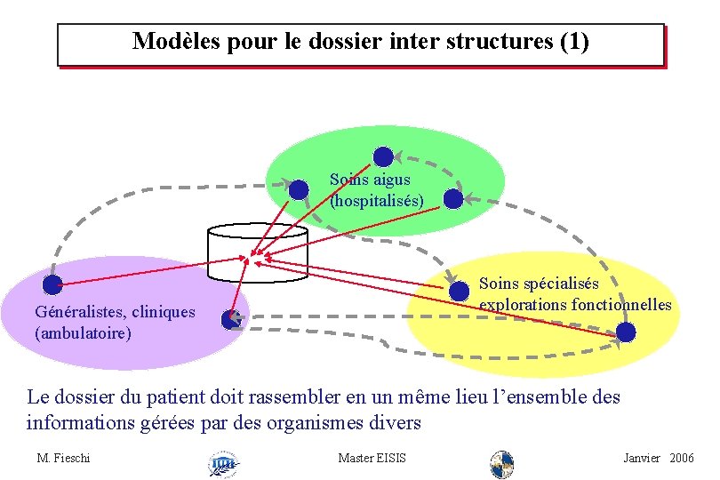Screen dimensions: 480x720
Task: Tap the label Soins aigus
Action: click(370, 180)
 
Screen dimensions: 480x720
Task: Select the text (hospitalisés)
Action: click(376, 200)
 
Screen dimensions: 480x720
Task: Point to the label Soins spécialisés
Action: click(539, 284)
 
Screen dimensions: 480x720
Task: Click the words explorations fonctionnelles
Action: click(575, 305)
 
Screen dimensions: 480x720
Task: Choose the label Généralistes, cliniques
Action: click(114, 312)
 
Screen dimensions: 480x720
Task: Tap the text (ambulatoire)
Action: click(82, 333)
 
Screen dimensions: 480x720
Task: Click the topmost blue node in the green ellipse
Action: click(383, 157)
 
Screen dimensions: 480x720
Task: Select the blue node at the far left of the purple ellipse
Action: click(53, 284)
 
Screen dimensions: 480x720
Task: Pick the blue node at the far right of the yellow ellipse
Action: click(626, 332)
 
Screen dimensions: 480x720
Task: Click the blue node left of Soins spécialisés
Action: click(459, 291)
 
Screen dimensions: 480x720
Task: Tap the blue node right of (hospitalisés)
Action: click(453, 199)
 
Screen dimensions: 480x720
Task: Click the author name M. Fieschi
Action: click(64, 458)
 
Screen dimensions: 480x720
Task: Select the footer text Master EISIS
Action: click(372, 458)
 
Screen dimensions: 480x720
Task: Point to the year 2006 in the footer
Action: click(682, 458)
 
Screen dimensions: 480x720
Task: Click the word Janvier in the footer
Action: click(642, 458)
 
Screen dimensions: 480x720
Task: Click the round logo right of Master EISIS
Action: click(502, 463)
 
